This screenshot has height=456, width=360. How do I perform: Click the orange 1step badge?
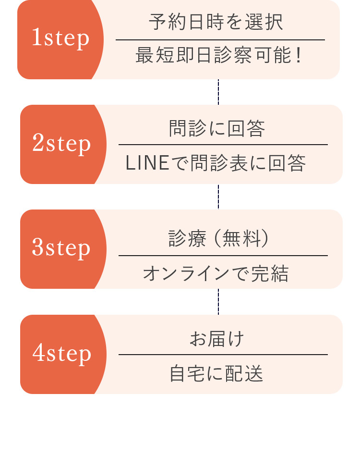60,39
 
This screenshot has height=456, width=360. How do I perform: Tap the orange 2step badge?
62,144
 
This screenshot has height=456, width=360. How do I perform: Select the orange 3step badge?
62,249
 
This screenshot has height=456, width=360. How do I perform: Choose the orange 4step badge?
62,354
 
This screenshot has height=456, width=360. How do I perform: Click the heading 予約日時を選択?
216,22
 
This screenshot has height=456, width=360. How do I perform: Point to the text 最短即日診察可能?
219,55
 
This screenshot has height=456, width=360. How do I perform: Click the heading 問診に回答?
217,128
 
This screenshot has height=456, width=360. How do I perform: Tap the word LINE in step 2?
147,163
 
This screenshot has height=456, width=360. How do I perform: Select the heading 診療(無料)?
218,238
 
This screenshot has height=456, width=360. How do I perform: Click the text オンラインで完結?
216,274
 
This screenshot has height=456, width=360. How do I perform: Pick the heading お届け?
216,339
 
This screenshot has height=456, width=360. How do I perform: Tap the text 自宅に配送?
216,373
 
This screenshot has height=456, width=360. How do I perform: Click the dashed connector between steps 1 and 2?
218,92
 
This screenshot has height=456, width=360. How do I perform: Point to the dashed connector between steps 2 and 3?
218,197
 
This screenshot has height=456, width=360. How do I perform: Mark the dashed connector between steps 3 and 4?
218,302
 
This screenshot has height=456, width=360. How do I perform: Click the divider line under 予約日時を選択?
220,40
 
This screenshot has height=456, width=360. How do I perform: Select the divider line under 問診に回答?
223,144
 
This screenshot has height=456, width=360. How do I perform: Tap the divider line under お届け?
223,355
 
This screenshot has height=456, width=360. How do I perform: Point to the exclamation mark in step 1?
299,55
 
